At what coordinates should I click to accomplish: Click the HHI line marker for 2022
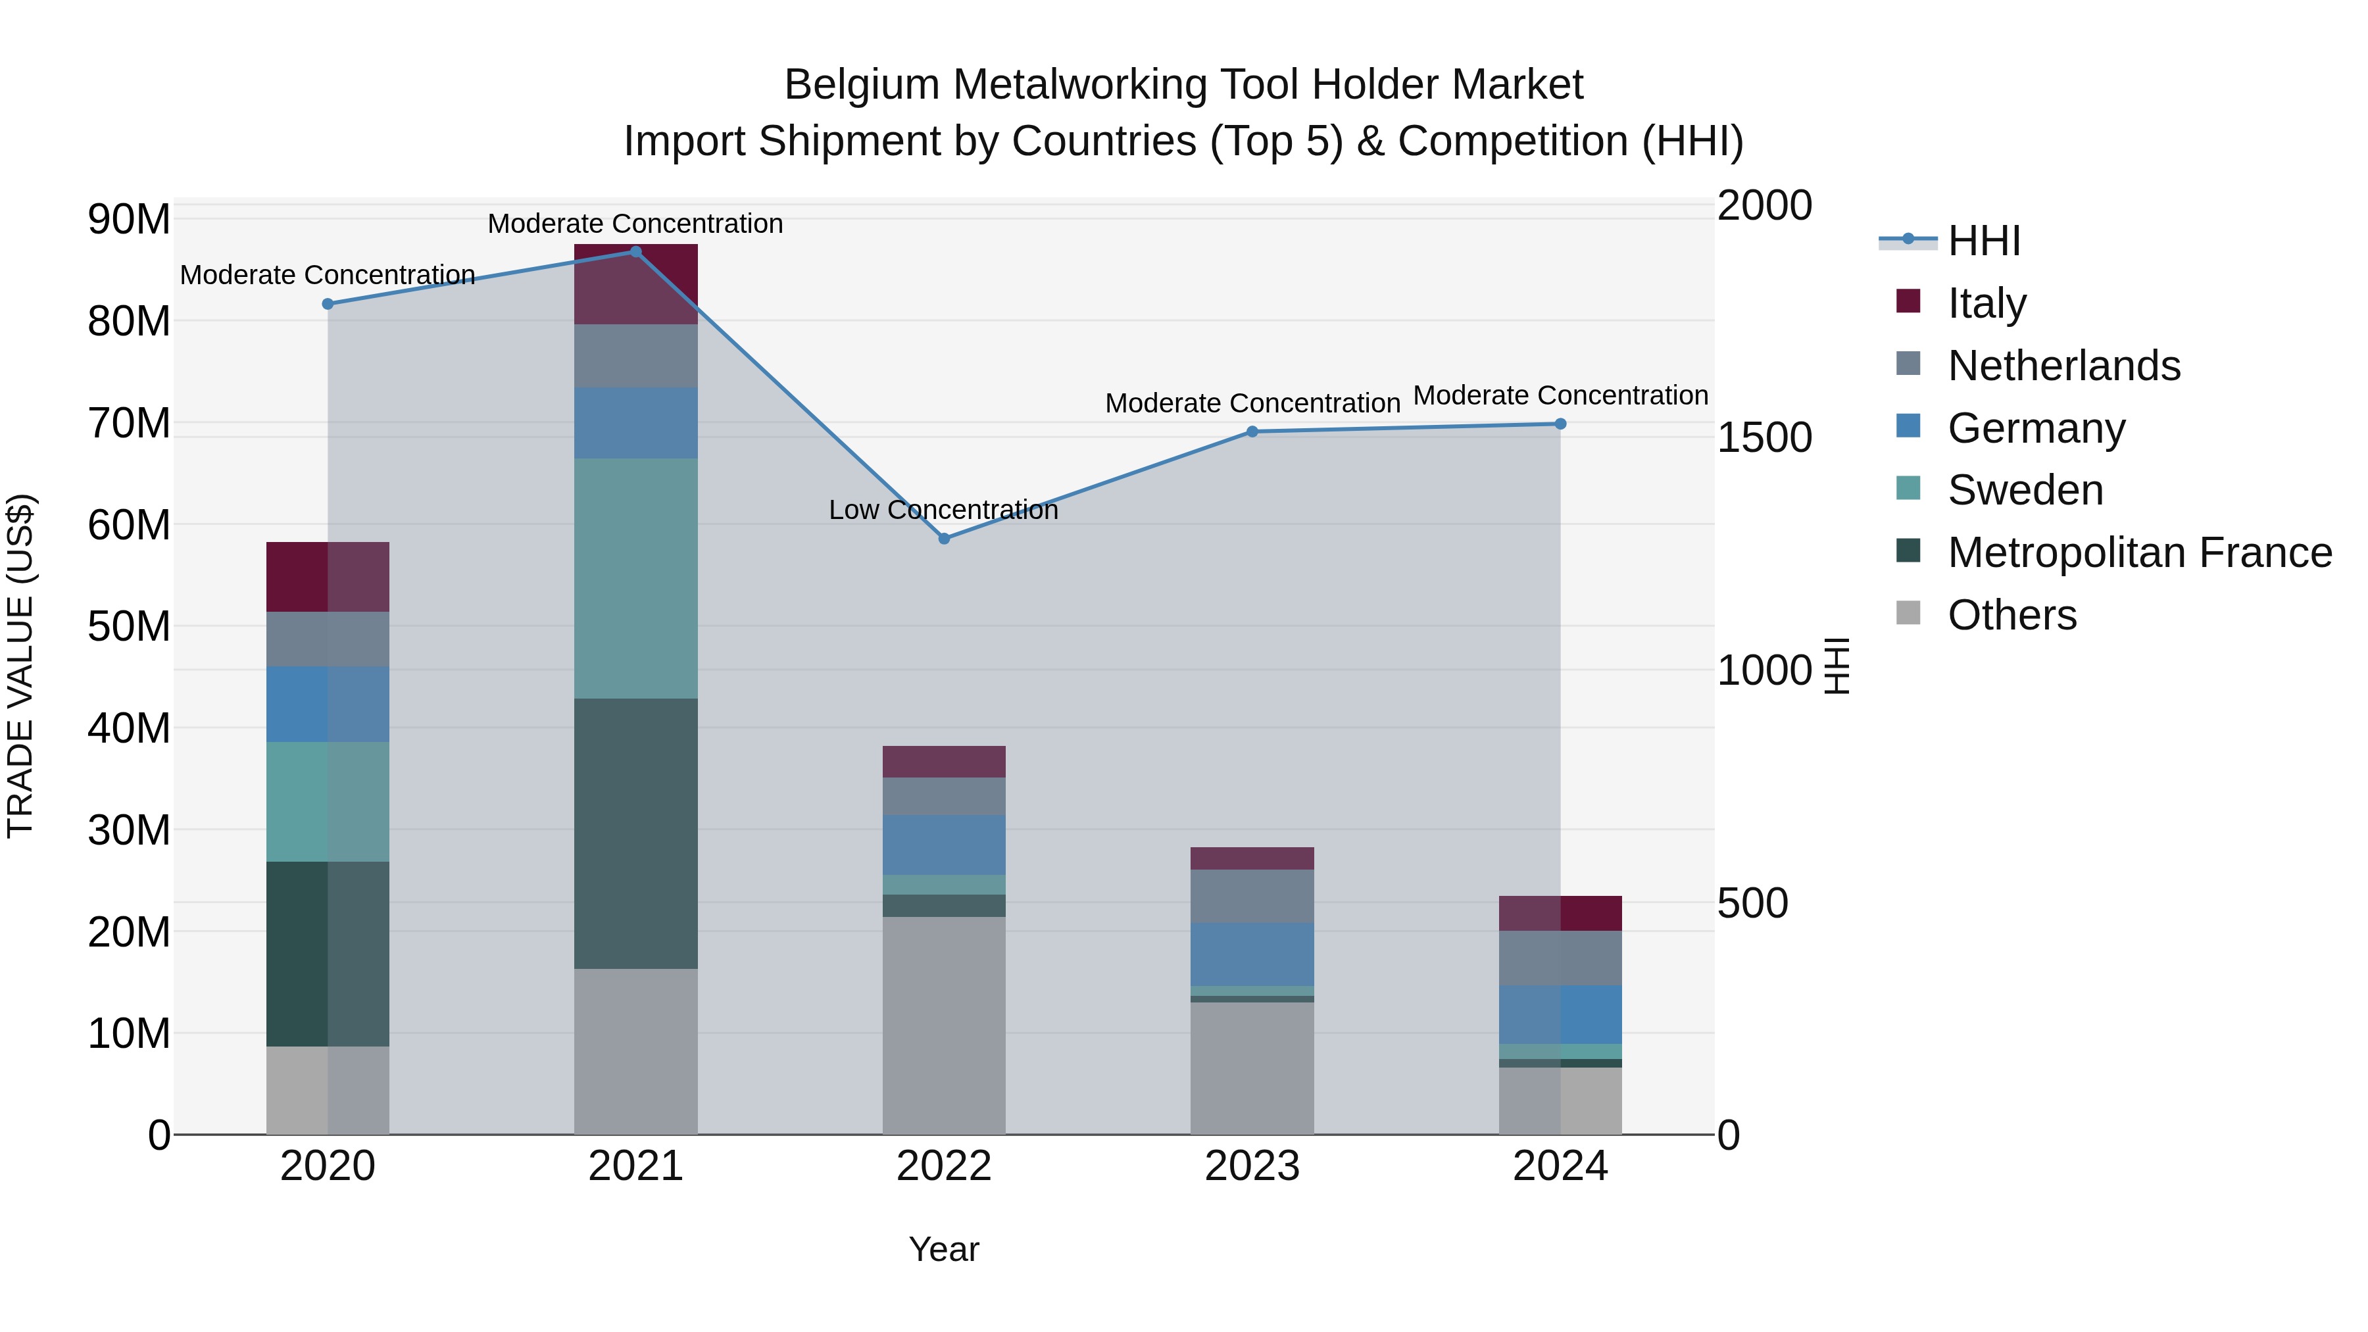click(944, 539)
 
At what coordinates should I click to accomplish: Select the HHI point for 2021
click(635, 252)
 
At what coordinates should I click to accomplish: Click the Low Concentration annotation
click(943, 510)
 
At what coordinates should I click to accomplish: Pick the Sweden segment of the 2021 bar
click(635, 578)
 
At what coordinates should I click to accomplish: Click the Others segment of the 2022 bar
click(944, 1025)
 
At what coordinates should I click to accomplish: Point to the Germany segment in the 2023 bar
click(1252, 954)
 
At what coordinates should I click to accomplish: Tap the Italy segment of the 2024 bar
click(1560, 913)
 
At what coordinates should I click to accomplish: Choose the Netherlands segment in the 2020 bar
click(328, 639)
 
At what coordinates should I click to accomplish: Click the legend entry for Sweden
click(2025, 490)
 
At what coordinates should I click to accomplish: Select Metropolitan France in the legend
click(2139, 553)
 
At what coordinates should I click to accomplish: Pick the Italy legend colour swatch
click(1908, 301)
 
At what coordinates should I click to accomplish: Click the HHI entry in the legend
click(1984, 241)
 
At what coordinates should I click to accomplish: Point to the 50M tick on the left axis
click(129, 627)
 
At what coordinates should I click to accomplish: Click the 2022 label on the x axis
click(944, 1166)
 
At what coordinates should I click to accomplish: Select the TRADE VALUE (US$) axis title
click(21, 666)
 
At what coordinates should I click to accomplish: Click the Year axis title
click(944, 1249)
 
